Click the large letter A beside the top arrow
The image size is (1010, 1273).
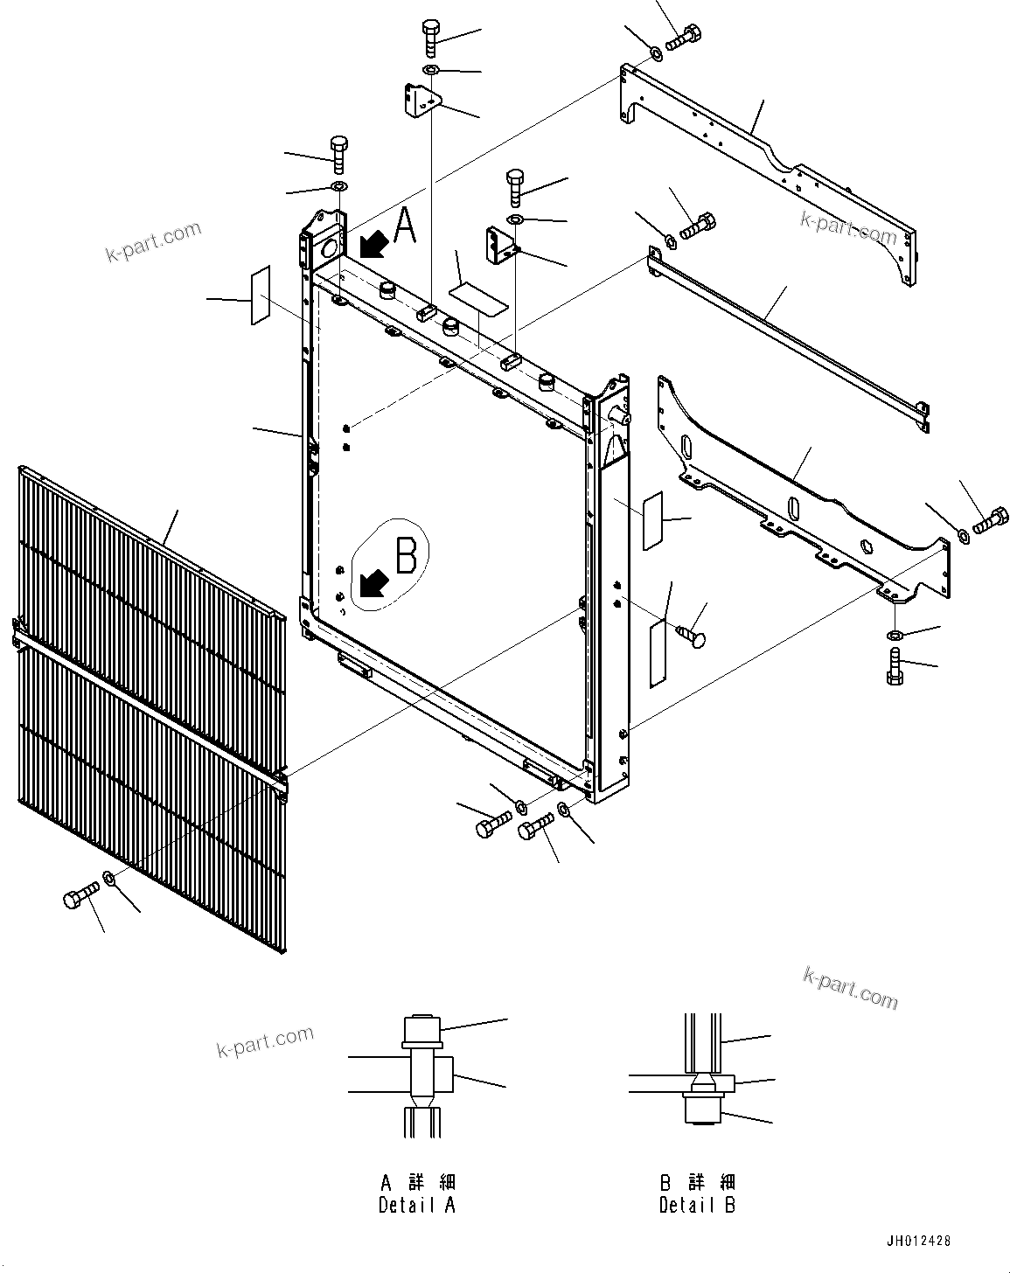[x=405, y=226]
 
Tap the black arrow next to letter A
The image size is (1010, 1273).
[x=373, y=245]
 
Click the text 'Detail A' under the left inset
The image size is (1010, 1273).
[x=417, y=1205]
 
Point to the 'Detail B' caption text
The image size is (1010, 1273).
[x=697, y=1205]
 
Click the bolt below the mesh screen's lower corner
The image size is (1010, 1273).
[x=78, y=898]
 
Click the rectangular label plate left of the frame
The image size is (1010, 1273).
[x=261, y=296]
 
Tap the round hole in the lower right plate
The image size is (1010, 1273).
[x=865, y=547]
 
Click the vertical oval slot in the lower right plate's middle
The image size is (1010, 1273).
[x=792, y=509]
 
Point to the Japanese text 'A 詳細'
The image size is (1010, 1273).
[x=417, y=1182]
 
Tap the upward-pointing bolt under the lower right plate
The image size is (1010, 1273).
[x=894, y=667]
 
